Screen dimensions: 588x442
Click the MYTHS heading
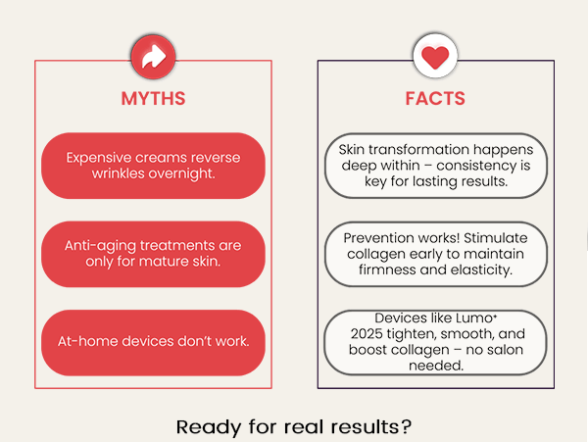tap(153, 99)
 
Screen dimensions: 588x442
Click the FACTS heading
tap(435, 99)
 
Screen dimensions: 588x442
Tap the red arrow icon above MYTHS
tap(154, 57)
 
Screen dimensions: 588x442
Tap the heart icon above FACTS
tap(435, 56)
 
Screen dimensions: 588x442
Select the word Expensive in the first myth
tap(99, 158)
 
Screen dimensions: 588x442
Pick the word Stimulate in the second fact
tap(495, 238)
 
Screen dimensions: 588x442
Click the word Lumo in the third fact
tap(474, 319)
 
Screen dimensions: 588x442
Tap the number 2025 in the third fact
tap(367, 333)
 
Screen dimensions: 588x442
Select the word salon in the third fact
tap(505, 350)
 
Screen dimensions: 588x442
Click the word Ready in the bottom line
tap(209, 427)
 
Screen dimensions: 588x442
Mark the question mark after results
tap(407, 426)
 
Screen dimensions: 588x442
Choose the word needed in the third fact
tap(436, 366)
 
